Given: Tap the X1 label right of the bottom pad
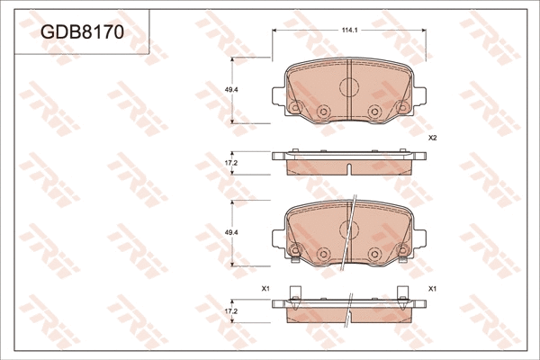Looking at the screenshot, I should (x=432, y=288).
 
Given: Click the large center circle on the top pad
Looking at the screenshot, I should (x=348, y=86).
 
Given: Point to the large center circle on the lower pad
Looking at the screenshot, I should (x=348, y=229).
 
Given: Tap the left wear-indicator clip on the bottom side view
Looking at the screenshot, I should (x=293, y=295).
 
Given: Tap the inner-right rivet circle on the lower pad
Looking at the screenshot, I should (x=373, y=254).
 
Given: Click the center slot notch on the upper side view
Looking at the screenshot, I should (x=348, y=168).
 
